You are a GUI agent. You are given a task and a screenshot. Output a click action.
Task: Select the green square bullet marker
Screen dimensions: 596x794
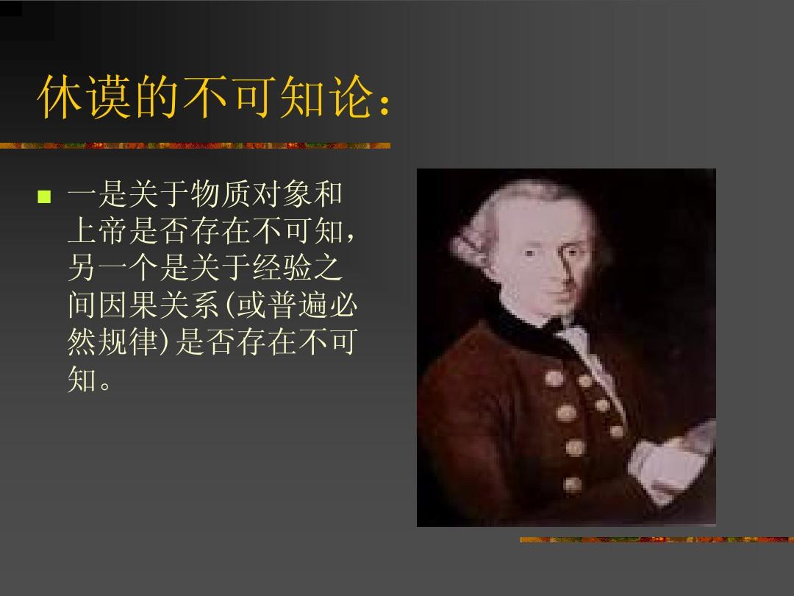(44, 196)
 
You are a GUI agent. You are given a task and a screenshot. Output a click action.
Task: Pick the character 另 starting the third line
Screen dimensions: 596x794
(82, 270)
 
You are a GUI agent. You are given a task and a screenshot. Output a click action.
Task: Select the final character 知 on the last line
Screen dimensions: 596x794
(82, 380)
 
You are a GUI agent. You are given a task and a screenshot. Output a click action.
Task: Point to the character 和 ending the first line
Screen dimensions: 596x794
(328, 196)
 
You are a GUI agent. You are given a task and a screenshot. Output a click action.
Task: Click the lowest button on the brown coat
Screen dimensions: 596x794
(572, 483)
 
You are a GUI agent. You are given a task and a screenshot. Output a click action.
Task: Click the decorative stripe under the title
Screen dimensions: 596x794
(195, 145)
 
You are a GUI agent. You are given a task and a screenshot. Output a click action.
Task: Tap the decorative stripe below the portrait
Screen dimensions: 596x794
(657, 539)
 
